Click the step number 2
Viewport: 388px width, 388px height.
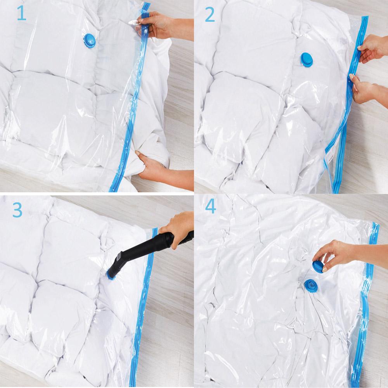point(210,15)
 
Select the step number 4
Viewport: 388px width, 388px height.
point(210,207)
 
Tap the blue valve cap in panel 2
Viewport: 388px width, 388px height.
point(306,60)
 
